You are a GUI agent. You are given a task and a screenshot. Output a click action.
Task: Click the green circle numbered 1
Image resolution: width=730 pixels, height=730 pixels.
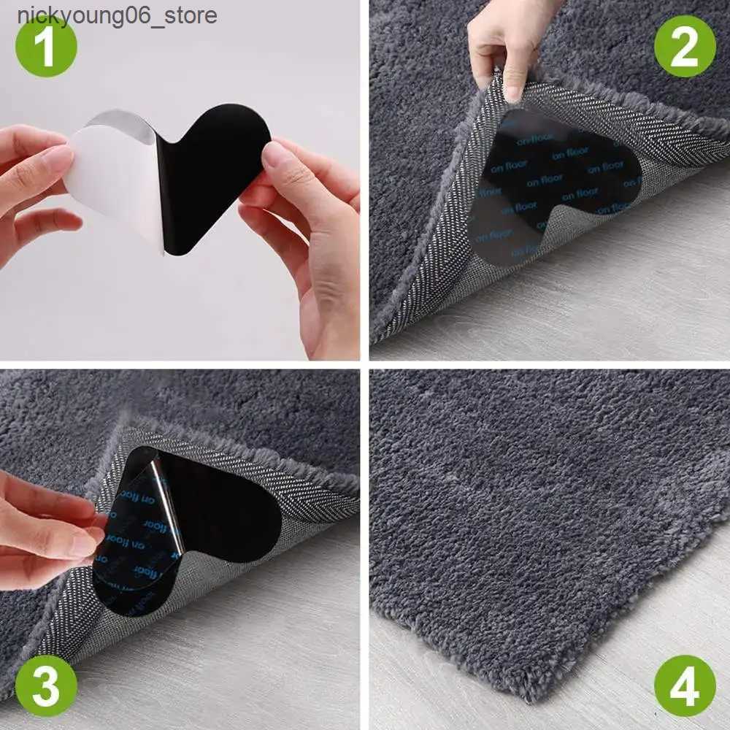point(46,46)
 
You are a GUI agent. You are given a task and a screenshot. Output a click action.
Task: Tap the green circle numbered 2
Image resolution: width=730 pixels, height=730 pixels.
point(684,46)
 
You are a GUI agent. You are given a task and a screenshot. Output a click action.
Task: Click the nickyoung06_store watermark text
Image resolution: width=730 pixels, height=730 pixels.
point(117,15)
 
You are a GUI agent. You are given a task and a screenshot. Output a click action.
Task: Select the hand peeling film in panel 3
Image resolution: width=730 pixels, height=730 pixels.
point(44,518)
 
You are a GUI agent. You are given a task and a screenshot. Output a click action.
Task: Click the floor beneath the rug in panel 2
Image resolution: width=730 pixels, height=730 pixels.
point(620,292)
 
